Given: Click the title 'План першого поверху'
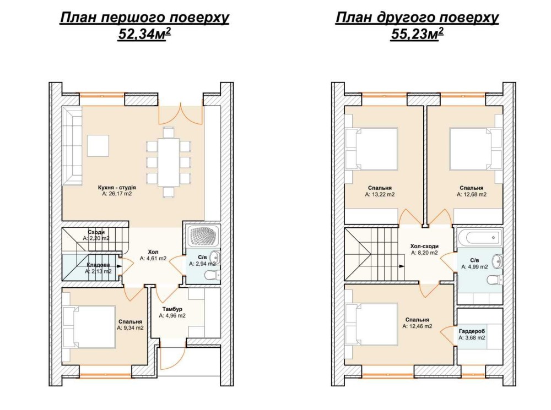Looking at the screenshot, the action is [144, 17].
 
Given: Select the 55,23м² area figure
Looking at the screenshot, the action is [417, 34].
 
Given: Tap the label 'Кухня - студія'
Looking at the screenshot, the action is [117, 188].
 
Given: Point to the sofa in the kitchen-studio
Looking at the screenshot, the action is [72, 146].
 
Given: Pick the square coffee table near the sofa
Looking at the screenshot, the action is [98, 146].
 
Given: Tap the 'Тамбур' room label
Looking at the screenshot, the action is [172, 309].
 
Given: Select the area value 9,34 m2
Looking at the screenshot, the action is [131, 328].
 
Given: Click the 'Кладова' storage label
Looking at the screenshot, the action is [99, 265].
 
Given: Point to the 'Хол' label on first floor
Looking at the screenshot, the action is [153, 252].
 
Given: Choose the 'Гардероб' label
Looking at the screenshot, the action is [472, 331].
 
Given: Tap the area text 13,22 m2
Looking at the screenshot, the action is [380, 194].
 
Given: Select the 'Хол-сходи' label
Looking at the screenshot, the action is [424, 246].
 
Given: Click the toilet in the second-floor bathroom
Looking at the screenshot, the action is [495, 280].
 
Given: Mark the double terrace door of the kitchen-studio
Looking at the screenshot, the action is [181, 113].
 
